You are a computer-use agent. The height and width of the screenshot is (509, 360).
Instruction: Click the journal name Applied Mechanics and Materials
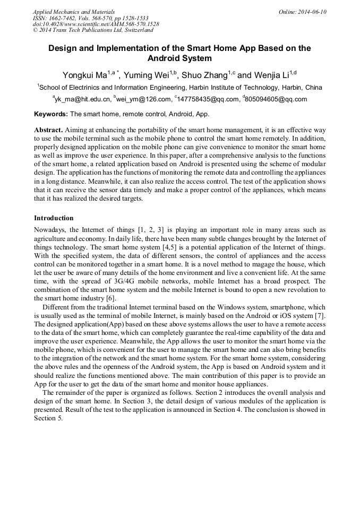pyautogui.click(x=74, y=12)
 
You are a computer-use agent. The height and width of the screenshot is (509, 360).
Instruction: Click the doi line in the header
pyautogui.click(x=96, y=24)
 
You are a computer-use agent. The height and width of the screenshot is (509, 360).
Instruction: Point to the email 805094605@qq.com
pyautogui.click(x=276, y=99)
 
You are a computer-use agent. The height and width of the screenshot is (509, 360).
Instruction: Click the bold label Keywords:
pyautogui.click(x=51, y=114)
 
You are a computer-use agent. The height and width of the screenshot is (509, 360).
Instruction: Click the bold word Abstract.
pyautogui.click(x=48, y=130)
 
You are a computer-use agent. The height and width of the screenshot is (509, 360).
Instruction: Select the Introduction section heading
pyautogui.click(x=54, y=218)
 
